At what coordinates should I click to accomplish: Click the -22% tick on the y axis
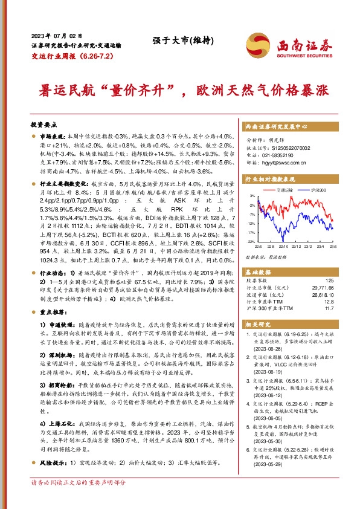(251, 241)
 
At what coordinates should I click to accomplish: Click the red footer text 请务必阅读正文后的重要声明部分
(79, 499)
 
